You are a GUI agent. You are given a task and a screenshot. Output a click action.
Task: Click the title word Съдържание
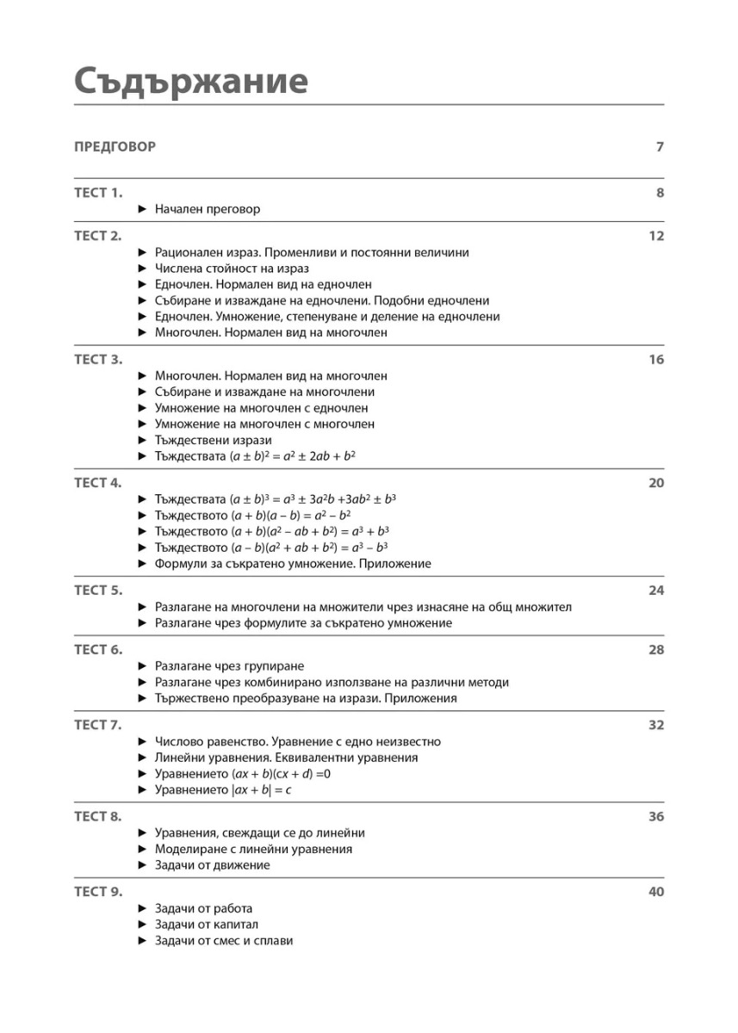(190, 82)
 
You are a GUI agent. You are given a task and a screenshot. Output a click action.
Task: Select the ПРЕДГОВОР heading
(115, 147)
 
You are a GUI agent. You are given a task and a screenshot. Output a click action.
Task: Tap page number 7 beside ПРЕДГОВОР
(660, 147)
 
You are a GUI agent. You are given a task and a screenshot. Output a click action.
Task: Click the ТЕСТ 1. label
(99, 193)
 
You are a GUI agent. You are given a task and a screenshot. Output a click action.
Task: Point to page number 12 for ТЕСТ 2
(656, 237)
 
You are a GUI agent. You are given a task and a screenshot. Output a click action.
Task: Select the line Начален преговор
(207, 209)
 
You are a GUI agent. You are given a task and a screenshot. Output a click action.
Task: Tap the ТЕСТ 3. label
(99, 360)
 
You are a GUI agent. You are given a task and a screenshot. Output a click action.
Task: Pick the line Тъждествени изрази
(214, 440)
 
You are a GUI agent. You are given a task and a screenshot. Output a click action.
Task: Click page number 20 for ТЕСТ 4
(656, 483)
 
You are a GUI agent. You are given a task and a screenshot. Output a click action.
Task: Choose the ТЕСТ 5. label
(99, 591)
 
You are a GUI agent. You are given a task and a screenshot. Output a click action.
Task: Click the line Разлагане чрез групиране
(229, 666)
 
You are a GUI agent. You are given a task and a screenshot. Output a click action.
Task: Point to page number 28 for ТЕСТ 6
(656, 650)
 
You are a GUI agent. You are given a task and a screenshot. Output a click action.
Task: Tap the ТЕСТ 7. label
(99, 725)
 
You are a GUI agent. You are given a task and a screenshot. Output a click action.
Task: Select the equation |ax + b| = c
(259, 790)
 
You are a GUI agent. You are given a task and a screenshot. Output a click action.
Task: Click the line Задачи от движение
(212, 865)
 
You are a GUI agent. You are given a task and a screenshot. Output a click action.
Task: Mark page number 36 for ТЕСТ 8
(656, 817)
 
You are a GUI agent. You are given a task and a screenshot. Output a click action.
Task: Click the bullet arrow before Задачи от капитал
(143, 925)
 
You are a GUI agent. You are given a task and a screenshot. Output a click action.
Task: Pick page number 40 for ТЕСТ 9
(656, 892)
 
